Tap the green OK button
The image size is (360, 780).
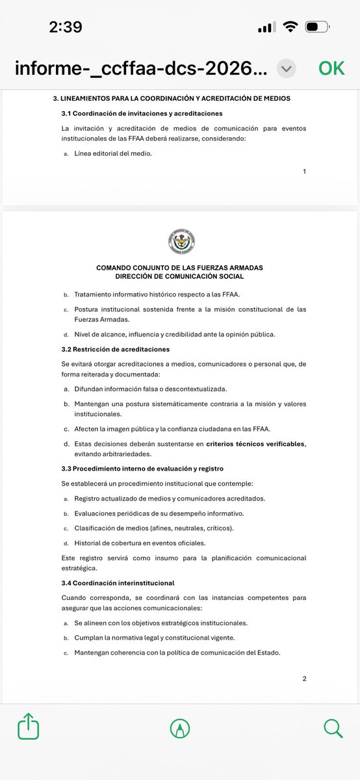pyautogui.click(x=331, y=68)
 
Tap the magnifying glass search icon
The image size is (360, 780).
pyautogui.click(x=333, y=727)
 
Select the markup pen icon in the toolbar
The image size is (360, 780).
pyautogui.click(x=180, y=728)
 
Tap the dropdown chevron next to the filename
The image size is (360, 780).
pyautogui.click(x=287, y=68)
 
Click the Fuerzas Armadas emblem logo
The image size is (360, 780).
pyautogui.click(x=180, y=242)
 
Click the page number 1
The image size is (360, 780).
pyautogui.click(x=304, y=172)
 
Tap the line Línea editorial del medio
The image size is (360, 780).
pyautogui.click(x=113, y=154)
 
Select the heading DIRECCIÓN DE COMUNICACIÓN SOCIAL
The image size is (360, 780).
pyautogui.click(x=179, y=276)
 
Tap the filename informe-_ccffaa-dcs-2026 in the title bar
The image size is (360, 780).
pyautogui.click(x=140, y=68)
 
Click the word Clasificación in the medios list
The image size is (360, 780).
pyautogui.click(x=96, y=528)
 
